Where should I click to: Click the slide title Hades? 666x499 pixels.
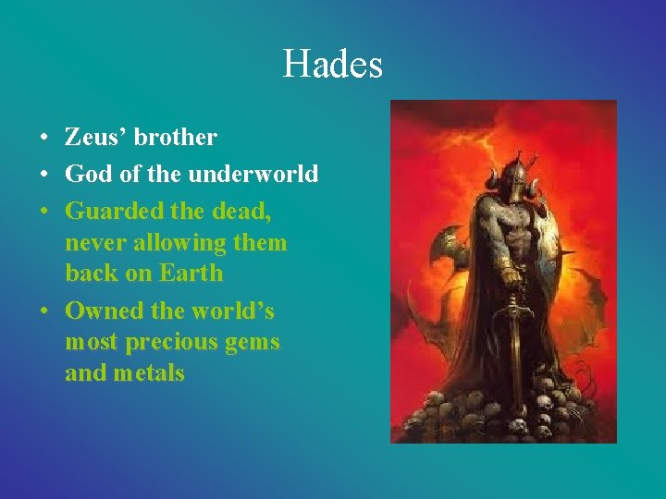[x=332, y=64]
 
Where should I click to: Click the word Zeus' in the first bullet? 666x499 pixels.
[x=95, y=138]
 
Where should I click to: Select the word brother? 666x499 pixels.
[x=175, y=138]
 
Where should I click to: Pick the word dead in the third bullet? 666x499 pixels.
[x=241, y=211]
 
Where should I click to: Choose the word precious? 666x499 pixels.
[x=172, y=342]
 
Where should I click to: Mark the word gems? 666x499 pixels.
[x=253, y=342]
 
